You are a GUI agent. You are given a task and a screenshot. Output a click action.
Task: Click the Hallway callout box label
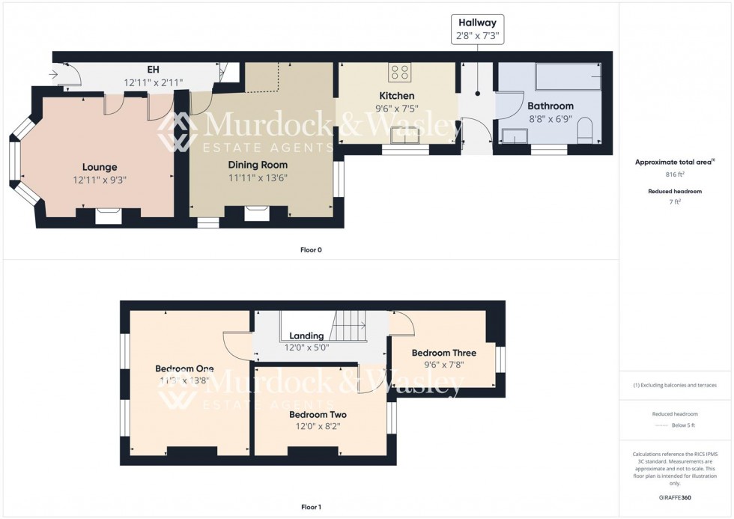coord(477,23)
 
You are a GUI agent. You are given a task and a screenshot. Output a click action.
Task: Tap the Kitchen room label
coord(396,96)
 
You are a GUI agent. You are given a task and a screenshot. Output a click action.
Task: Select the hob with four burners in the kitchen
coord(400,73)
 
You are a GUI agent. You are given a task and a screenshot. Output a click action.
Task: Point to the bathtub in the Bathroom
coord(568,77)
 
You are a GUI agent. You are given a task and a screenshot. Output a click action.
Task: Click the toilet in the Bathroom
coord(585,133)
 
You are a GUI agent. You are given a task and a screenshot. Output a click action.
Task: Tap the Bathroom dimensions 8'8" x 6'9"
coord(550,118)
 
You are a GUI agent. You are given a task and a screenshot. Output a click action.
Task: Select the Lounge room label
coord(100,167)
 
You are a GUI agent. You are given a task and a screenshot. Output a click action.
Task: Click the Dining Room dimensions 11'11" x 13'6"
coord(258,177)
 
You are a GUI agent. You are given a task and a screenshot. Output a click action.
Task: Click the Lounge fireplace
coord(109,216)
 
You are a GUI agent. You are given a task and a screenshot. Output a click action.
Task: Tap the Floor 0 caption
coord(310,249)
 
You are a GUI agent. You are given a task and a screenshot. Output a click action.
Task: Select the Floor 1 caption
coord(310,507)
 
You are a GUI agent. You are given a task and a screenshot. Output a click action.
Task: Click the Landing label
coord(306,336)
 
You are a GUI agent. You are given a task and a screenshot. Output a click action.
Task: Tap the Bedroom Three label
coord(443,353)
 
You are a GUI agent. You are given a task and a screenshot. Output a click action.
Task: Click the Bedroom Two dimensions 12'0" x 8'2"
coord(318,427)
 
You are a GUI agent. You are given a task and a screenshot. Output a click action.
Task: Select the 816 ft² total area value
coord(676,174)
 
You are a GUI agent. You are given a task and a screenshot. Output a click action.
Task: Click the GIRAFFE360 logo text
coord(676,497)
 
